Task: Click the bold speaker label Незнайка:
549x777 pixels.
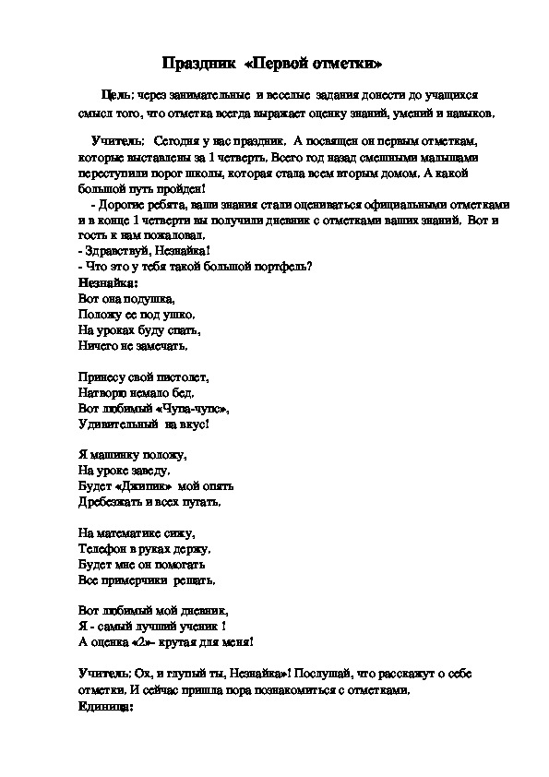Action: click(x=107, y=283)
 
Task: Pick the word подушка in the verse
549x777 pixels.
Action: click(x=146, y=299)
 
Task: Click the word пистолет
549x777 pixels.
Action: click(x=180, y=377)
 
